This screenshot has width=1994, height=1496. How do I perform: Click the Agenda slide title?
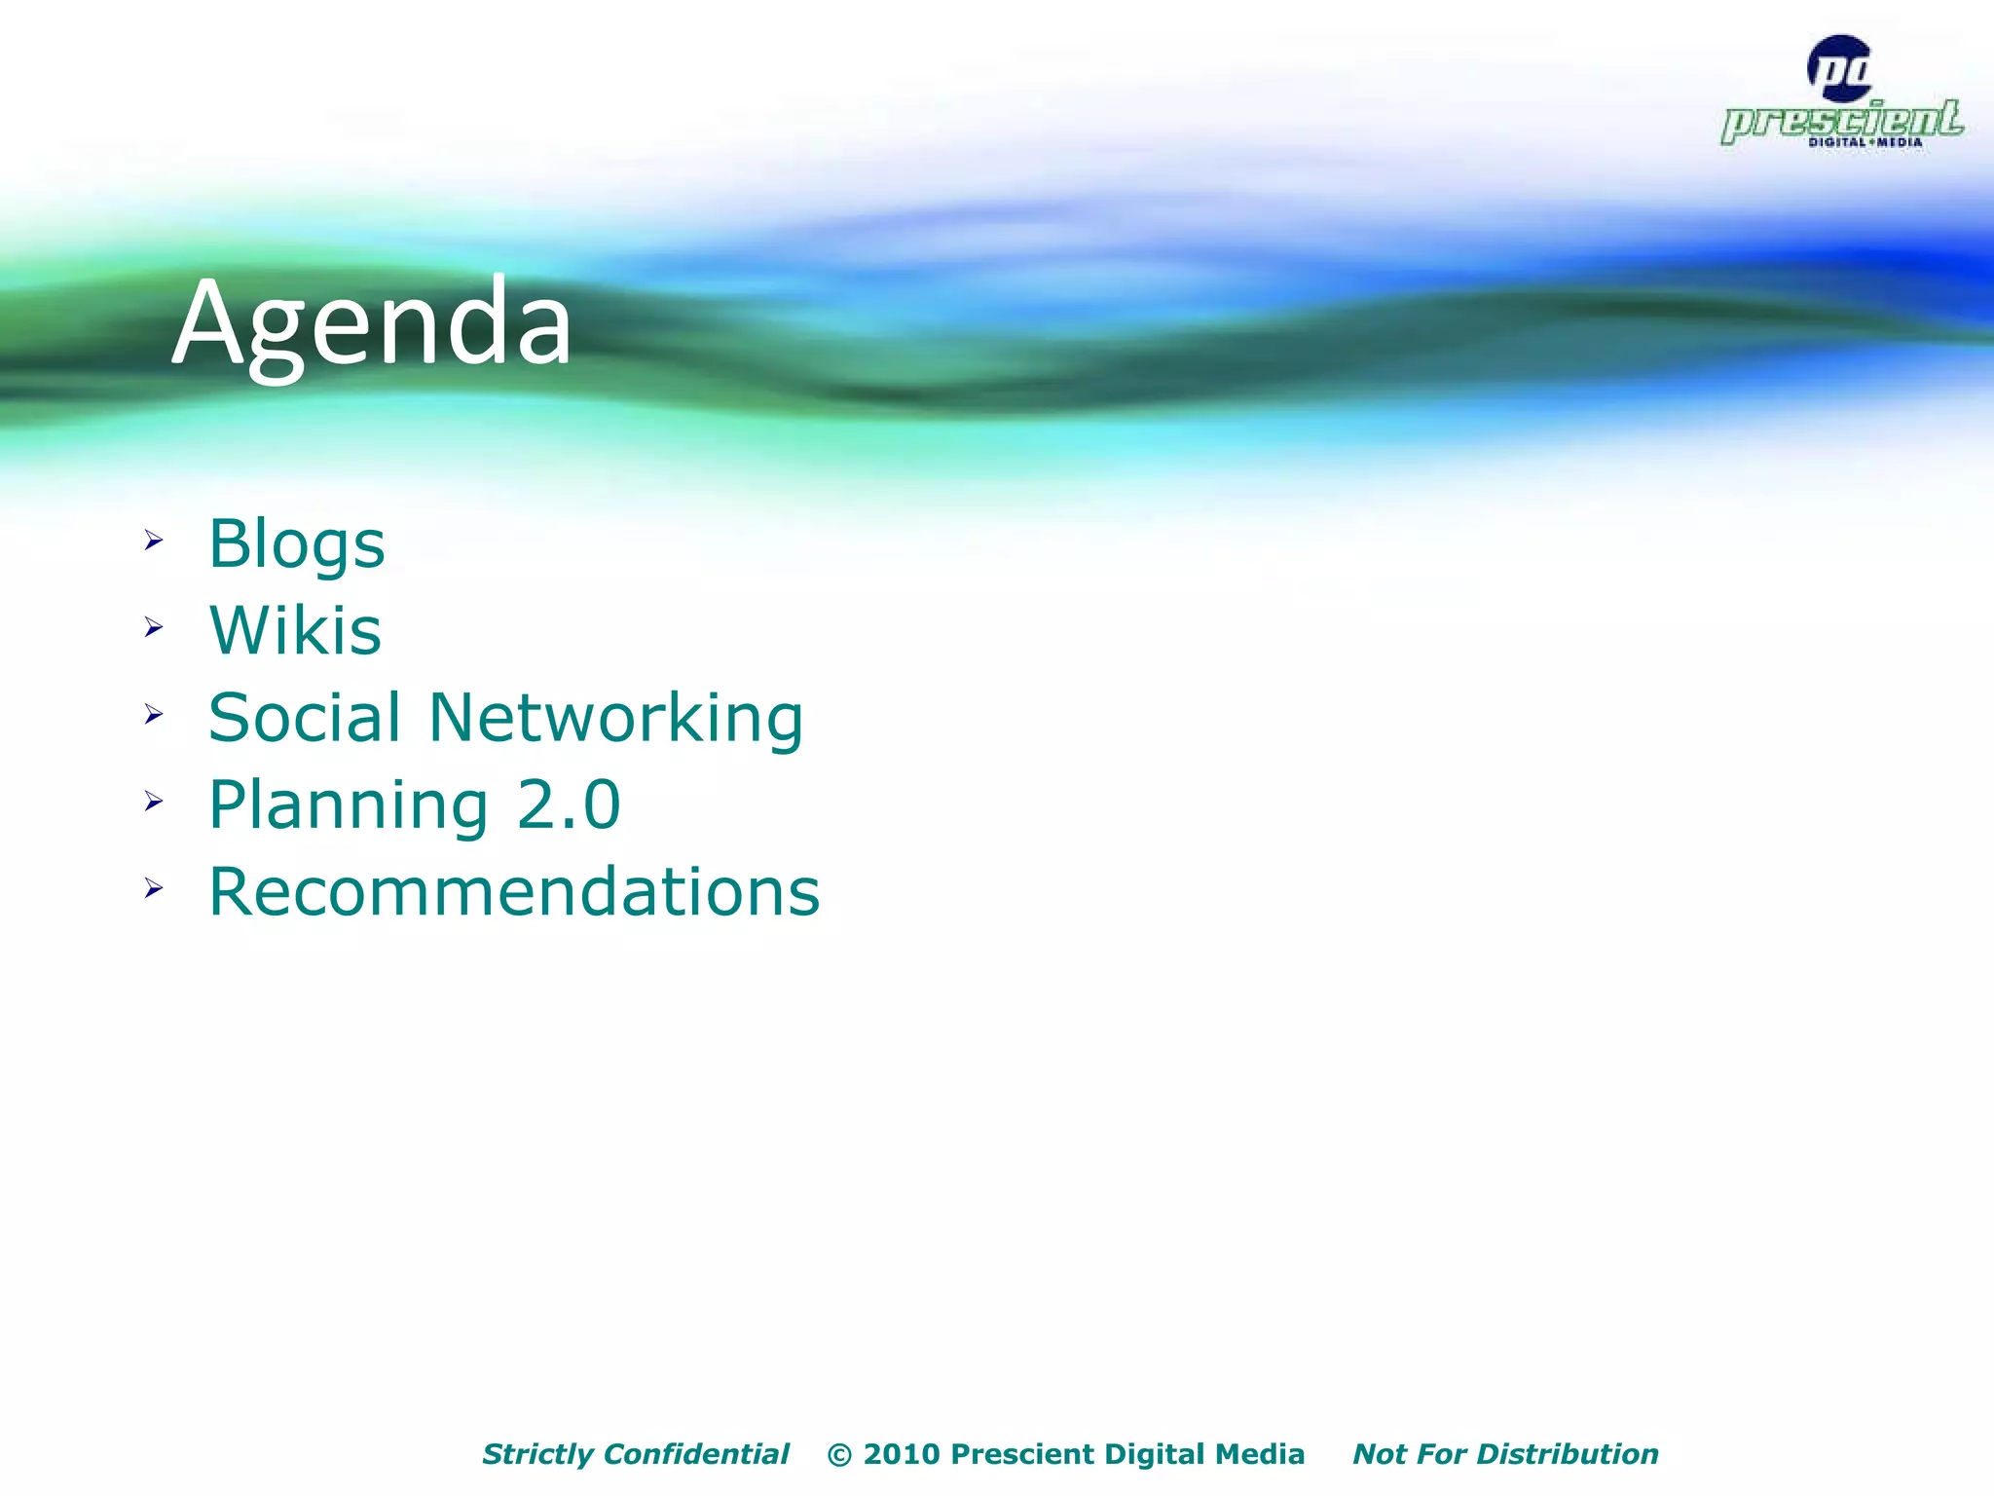click(x=372, y=323)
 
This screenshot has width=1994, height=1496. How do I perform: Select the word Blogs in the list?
click(x=297, y=543)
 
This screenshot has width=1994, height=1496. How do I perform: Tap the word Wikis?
click(x=295, y=630)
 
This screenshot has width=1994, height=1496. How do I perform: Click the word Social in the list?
click(x=304, y=718)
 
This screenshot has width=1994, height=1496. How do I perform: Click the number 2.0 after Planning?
click(x=569, y=804)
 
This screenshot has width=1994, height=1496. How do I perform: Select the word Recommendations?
click(x=514, y=892)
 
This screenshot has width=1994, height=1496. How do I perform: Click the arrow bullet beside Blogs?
click(x=154, y=541)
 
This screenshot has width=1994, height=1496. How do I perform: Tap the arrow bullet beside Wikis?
click(x=154, y=627)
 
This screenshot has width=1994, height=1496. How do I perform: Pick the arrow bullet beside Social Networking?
click(x=154, y=715)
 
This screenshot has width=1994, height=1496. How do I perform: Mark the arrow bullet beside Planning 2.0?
click(x=154, y=802)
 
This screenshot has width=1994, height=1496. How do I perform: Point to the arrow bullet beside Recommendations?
click(x=154, y=888)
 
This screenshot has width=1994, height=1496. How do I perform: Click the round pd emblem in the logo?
click(x=1839, y=68)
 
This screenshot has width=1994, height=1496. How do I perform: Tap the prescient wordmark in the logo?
click(x=1841, y=121)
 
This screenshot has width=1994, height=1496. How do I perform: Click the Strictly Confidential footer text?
click(x=635, y=1454)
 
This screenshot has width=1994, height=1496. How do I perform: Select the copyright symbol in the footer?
click(x=839, y=1455)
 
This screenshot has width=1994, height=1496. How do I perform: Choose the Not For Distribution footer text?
click(x=1505, y=1454)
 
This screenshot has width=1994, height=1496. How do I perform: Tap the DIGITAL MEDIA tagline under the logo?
click(x=1865, y=142)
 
